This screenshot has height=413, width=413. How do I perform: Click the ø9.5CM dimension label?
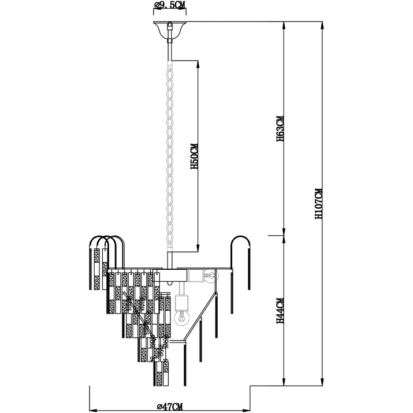(x=170, y=6)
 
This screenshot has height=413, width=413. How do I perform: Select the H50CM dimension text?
(x=195, y=156)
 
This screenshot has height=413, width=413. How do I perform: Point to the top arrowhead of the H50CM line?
(x=198, y=64)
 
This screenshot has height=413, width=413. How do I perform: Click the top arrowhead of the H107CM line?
(x=322, y=25)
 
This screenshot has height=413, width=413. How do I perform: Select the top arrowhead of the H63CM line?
(x=284, y=25)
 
